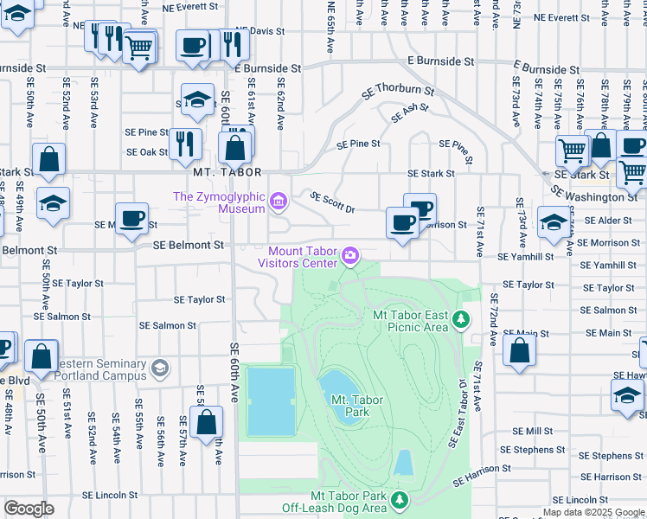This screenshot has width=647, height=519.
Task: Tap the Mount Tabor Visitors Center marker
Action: (350, 254)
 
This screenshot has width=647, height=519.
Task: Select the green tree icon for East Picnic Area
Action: (462, 320)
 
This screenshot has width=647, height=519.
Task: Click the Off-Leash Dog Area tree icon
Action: (400, 499)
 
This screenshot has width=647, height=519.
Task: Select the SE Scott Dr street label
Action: (332, 202)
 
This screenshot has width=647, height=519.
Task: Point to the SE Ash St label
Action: (409, 112)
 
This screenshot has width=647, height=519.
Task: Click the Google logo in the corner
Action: (29, 508)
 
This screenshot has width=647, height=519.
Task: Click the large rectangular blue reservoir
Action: (271, 401)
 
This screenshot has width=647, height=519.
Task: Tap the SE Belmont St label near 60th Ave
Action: (189, 246)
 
